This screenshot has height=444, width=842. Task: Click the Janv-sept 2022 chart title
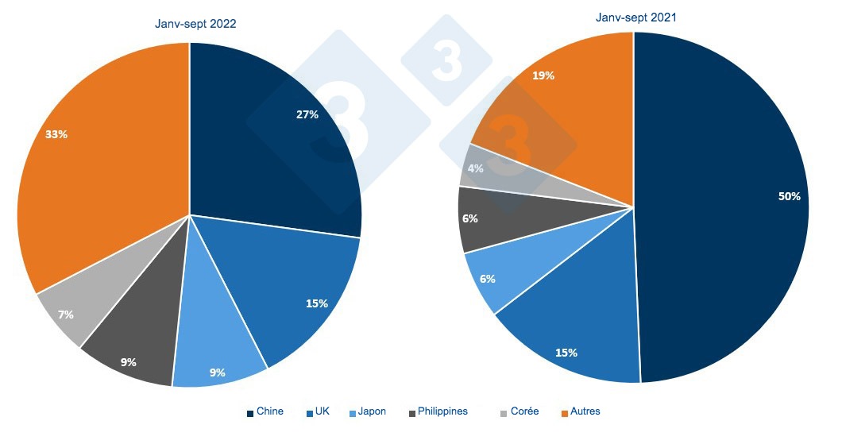point(195,24)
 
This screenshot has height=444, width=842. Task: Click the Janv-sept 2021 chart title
point(636,17)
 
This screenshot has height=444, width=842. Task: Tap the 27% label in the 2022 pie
point(307,114)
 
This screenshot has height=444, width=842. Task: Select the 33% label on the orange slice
point(56,134)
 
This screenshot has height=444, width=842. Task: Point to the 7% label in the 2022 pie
point(66,315)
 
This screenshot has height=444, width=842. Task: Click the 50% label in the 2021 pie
point(789,196)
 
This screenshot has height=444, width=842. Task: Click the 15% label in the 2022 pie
point(317,303)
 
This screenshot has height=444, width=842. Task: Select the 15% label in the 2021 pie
point(566,352)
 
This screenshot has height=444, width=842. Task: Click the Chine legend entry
point(265,411)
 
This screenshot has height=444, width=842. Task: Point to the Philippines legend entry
point(438,411)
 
